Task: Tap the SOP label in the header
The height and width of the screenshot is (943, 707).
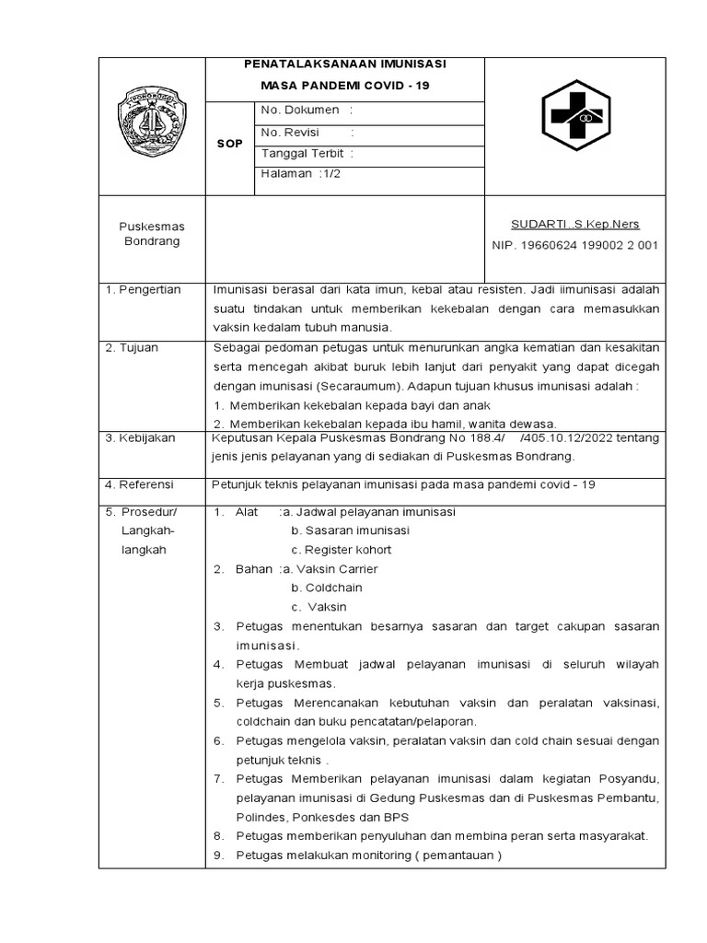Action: click(x=229, y=144)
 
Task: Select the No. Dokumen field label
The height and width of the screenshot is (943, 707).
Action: click(x=301, y=111)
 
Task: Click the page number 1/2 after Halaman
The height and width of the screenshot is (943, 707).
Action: click(x=330, y=174)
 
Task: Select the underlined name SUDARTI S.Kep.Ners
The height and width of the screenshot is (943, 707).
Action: click(x=574, y=224)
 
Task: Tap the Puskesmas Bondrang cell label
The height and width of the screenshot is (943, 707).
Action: click(x=152, y=233)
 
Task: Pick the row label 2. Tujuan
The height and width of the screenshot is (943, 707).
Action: click(x=134, y=347)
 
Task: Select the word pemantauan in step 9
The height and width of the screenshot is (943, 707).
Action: click(x=455, y=856)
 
